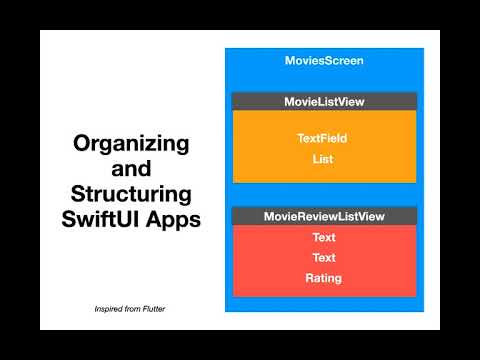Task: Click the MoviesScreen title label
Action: (324, 61)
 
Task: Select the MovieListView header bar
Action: (324, 101)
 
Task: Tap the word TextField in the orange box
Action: (324, 138)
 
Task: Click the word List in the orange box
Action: (324, 159)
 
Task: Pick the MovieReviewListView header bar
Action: (324, 216)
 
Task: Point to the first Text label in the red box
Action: (324, 238)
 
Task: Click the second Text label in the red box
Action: (324, 258)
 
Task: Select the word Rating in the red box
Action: (324, 278)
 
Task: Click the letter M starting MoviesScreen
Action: (290, 61)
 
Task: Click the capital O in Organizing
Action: (81, 144)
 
